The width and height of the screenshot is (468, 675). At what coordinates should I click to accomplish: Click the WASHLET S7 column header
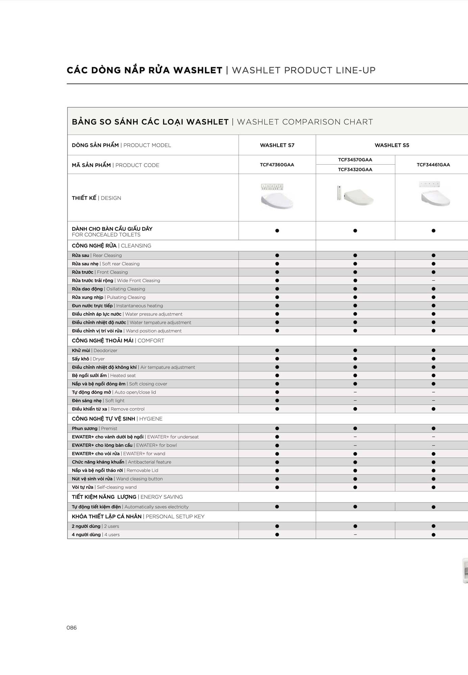pyautogui.click(x=277, y=145)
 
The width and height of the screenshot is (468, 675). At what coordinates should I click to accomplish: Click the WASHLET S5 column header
pyautogui.click(x=392, y=145)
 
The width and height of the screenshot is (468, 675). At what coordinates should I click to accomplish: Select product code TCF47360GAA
pyautogui.click(x=277, y=165)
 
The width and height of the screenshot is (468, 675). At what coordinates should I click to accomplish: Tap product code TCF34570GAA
pyautogui.click(x=355, y=160)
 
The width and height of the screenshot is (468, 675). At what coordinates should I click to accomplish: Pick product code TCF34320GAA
pyautogui.click(x=355, y=169)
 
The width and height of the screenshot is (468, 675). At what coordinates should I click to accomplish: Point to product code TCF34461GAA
pyautogui.click(x=433, y=165)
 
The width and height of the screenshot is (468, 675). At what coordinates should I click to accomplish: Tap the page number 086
pyautogui.click(x=72, y=628)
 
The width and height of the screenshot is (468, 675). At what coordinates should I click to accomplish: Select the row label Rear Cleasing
pyautogui.click(x=97, y=255)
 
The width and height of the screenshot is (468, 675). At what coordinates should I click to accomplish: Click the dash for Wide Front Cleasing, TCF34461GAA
pyautogui.click(x=434, y=280)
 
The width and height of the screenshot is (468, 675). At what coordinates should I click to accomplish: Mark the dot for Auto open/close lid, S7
pyautogui.click(x=277, y=392)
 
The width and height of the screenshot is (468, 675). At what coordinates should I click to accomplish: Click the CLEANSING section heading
pyautogui.click(x=112, y=246)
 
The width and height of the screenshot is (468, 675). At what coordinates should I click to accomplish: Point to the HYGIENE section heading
pyautogui.click(x=117, y=419)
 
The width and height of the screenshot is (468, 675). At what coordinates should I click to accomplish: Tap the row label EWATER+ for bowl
pyautogui.click(x=124, y=445)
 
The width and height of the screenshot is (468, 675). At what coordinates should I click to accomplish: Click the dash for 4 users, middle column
pyautogui.click(x=355, y=535)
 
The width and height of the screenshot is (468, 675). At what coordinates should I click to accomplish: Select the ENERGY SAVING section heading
pyautogui.click(x=127, y=497)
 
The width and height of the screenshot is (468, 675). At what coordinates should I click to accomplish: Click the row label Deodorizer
pyautogui.click(x=95, y=350)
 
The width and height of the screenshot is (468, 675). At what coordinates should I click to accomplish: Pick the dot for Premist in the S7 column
pyautogui.click(x=277, y=429)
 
